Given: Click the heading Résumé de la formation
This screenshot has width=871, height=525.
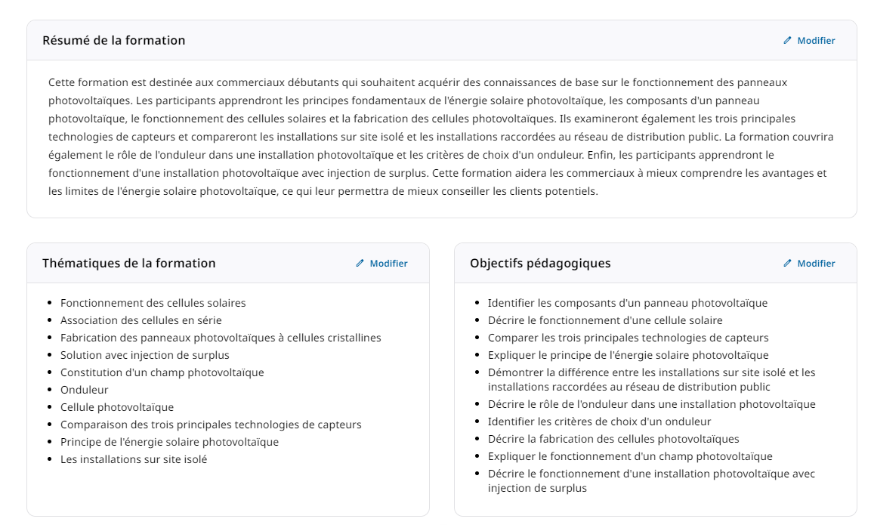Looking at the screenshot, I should pyautogui.click(x=113, y=40).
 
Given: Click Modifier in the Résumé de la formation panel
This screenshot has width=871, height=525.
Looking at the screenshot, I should pyautogui.click(x=809, y=41).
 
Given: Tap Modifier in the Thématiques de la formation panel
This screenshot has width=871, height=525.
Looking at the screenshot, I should pyautogui.click(x=381, y=264).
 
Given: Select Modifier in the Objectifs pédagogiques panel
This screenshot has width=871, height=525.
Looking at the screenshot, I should pyautogui.click(x=809, y=264).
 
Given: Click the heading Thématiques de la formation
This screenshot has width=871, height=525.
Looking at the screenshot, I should pyautogui.click(x=128, y=264).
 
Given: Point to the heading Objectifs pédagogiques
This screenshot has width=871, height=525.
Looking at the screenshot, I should pyautogui.click(x=540, y=264).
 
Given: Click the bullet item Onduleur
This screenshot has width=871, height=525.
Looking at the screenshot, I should pyautogui.click(x=85, y=390).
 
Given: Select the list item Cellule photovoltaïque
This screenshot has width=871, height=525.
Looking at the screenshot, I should pyautogui.click(x=117, y=407).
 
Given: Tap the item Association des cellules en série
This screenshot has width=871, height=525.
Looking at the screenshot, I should pyautogui.click(x=141, y=320).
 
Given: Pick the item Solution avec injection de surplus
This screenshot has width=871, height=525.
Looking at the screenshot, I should pyautogui.click(x=145, y=355).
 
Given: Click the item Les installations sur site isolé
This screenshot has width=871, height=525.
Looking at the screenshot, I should pyautogui.click(x=134, y=459).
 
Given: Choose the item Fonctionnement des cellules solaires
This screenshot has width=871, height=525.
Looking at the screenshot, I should pyautogui.click(x=153, y=303).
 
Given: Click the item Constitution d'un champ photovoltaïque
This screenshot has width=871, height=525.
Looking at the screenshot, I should pyautogui.click(x=162, y=372).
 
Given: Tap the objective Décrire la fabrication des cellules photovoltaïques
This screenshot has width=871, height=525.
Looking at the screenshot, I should pyautogui.click(x=613, y=439).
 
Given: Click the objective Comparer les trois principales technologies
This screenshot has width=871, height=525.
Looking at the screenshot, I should pyautogui.click(x=628, y=338).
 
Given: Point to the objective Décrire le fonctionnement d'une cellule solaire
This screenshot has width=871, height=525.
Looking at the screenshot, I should pyautogui.click(x=605, y=320).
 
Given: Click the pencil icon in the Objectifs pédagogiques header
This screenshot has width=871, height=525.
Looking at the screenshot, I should pyautogui.click(x=787, y=264).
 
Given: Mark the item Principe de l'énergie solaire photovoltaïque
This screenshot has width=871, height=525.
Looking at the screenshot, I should pyautogui.click(x=169, y=442).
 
